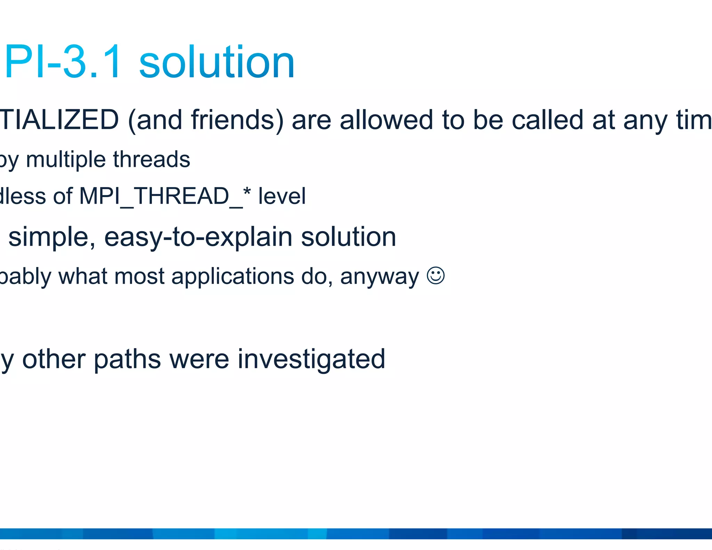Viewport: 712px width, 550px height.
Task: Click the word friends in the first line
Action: pos(237,120)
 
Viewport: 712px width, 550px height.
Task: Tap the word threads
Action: pos(152,160)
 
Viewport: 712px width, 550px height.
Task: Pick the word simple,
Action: pos(52,237)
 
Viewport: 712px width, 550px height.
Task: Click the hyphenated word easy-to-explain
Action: pos(198,237)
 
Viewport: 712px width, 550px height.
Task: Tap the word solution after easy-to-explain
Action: pos(348,237)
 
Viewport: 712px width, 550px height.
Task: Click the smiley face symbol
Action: pos(435,276)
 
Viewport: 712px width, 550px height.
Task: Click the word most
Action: pos(139,277)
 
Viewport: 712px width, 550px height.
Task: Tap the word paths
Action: pos(127,359)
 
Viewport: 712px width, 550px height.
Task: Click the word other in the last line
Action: pos(54,359)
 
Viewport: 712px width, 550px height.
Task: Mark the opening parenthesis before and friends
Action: pos(132,121)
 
